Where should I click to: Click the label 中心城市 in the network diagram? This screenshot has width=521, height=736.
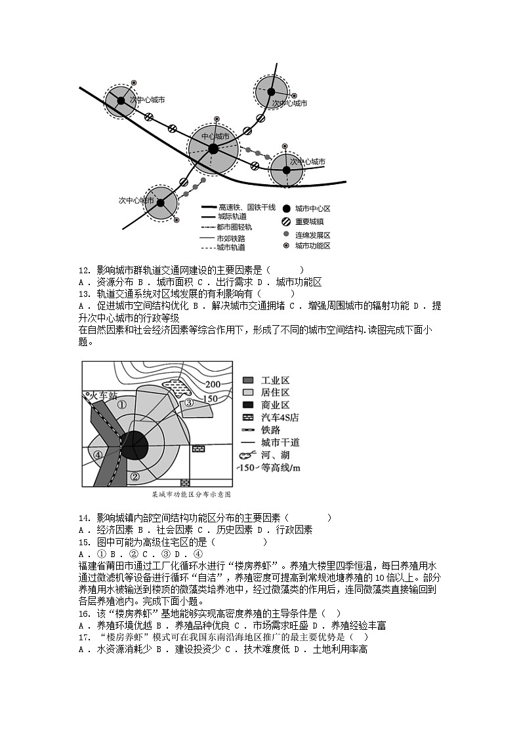[215, 136]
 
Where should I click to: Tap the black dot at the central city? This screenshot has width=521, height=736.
[213, 149]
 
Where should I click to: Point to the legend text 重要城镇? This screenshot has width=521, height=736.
[309, 222]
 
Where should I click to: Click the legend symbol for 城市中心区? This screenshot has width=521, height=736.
[285, 208]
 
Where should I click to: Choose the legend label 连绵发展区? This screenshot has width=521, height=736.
[312, 234]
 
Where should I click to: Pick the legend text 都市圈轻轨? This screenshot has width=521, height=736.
[235, 227]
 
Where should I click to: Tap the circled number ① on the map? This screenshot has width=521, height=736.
[121, 404]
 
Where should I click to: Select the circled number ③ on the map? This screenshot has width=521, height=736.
[188, 403]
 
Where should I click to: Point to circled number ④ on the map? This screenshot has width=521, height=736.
[98, 455]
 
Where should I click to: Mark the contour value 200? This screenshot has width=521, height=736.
[212, 384]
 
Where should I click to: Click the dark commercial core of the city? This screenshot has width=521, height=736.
[136, 446]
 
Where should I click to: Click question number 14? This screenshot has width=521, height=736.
[83, 518]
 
